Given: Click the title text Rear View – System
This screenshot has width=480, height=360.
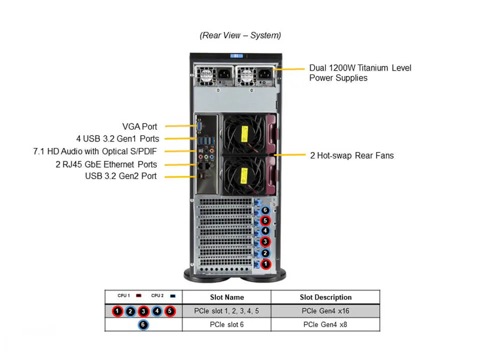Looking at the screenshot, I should click(x=240, y=35).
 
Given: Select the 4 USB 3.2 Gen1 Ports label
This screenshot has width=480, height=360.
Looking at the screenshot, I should click(x=117, y=139).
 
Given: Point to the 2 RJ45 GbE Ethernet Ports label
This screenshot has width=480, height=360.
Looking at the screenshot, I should click(x=106, y=164).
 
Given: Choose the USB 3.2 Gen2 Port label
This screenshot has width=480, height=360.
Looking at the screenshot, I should click(x=120, y=176).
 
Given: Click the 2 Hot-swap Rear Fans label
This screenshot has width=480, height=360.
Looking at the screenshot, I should click(x=351, y=155).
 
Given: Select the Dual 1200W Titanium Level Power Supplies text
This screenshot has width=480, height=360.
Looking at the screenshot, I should click(x=360, y=72).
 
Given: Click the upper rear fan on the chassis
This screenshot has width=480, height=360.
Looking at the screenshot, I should click(x=243, y=133).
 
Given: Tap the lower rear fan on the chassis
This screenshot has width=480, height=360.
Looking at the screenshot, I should click(x=243, y=175).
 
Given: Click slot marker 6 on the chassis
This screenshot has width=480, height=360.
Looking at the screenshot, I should click(x=265, y=210).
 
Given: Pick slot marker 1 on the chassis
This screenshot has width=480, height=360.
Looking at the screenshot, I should click(x=265, y=264).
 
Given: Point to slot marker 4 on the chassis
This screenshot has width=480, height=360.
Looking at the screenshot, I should click(x=265, y=231).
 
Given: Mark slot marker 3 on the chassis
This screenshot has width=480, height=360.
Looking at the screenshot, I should click(x=265, y=242).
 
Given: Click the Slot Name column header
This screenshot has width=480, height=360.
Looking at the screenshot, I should click(x=226, y=297).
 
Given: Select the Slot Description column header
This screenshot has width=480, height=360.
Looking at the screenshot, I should click(x=325, y=297).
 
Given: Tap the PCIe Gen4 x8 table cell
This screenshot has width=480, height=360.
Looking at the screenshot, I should click(x=325, y=324).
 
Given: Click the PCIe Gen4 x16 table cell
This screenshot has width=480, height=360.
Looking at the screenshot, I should click(x=325, y=311).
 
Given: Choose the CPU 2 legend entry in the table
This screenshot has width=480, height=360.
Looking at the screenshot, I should click(x=162, y=296).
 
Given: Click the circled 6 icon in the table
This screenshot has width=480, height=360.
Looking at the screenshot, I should click(x=143, y=324).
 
